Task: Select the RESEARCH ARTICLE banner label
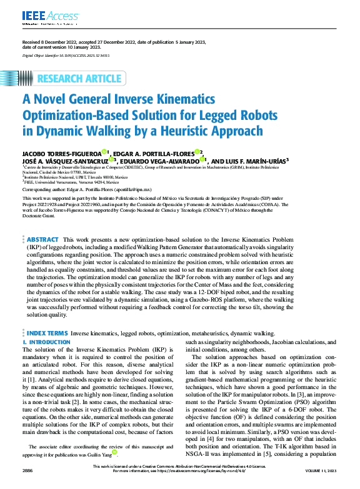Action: (x=79, y=79)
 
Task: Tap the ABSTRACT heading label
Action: (x=43, y=222)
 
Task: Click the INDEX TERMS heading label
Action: (x=47, y=333)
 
